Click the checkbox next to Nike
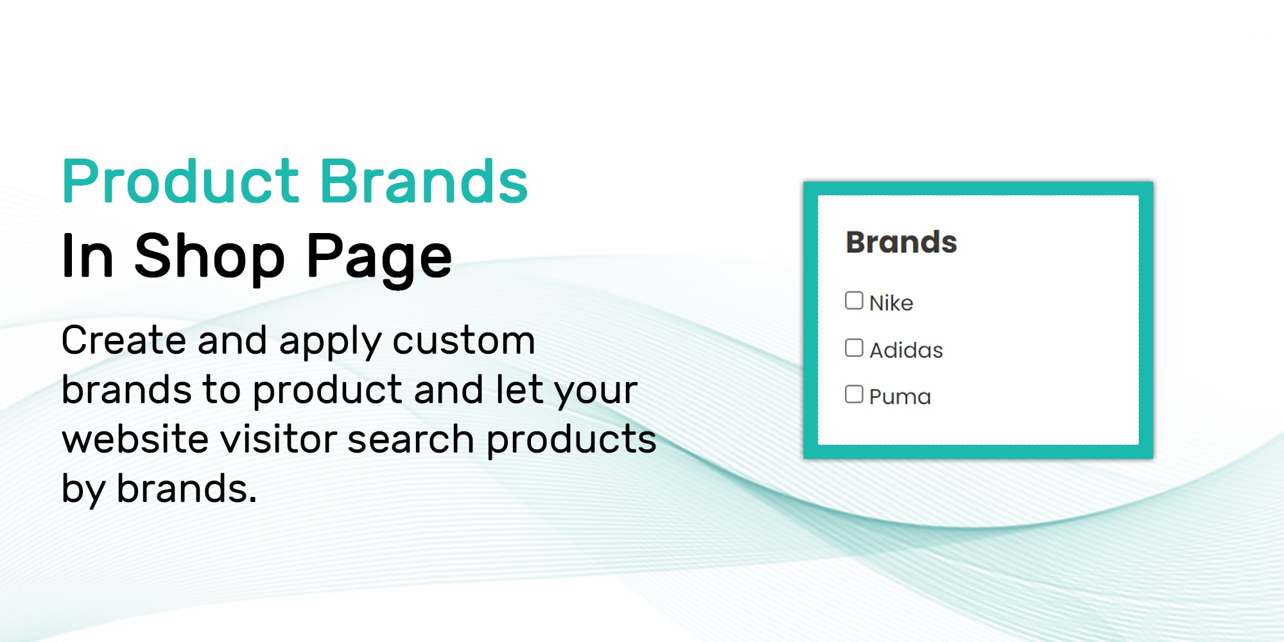pyautogui.click(x=854, y=300)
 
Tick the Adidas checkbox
pyautogui.click(x=854, y=347)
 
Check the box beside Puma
pyautogui.click(x=854, y=394)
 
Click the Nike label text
pyautogui.click(x=891, y=302)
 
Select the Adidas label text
pyautogui.click(x=906, y=350)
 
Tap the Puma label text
pyautogui.click(x=899, y=397)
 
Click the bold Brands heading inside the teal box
pyautogui.click(x=901, y=242)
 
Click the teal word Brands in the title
pyautogui.click(x=424, y=181)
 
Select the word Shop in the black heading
pyautogui.click(x=209, y=256)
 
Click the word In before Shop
pyautogui.click(x=87, y=256)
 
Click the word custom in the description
pyautogui.click(x=464, y=340)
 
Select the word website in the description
pyautogui.click(x=135, y=439)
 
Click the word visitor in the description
pyautogui.click(x=278, y=439)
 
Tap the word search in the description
pyautogui.click(x=411, y=439)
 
